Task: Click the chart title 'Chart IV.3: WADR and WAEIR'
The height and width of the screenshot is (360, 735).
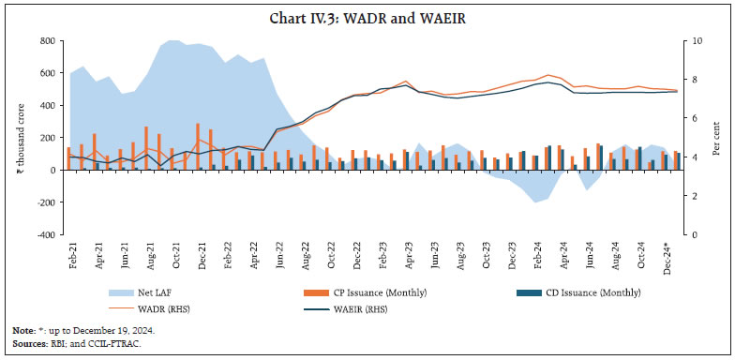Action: coord(367,17)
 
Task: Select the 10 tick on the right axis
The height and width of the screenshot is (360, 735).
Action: coord(695,41)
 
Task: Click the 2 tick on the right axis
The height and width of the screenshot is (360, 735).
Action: coord(693,196)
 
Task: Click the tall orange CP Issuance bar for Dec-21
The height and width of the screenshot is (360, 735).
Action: coord(198,146)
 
